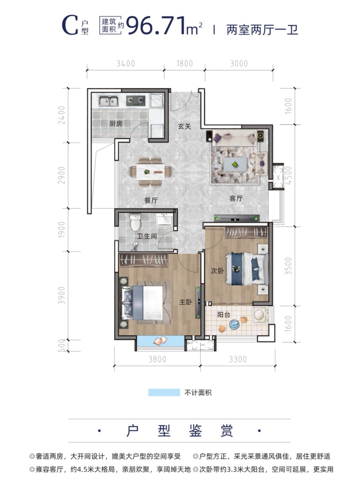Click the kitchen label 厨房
click(116, 124)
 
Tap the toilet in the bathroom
click(135, 222)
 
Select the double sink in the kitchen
click(108, 101)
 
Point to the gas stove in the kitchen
click(136, 100)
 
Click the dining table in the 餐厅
click(151, 172)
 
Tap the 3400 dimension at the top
click(126, 64)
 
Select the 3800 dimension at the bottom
click(157, 359)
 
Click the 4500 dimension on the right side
click(288, 175)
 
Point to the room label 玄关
click(184, 127)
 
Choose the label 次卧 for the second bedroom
click(217, 271)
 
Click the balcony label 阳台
click(224, 314)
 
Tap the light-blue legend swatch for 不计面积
click(164, 393)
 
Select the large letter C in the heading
click(70, 25)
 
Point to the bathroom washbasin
click(165, 219)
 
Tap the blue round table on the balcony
click(234, 324)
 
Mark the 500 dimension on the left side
click(62, 346)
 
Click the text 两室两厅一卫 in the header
click(262, 30)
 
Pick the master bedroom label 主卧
click(186, 302)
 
